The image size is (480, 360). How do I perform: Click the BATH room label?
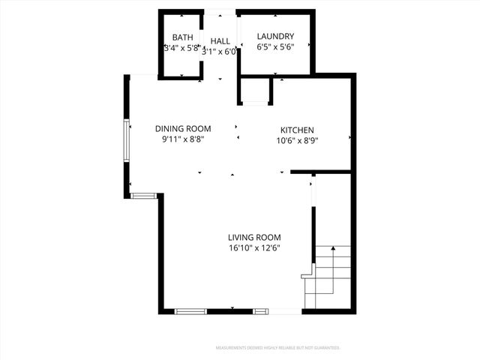click(x=183, y=37)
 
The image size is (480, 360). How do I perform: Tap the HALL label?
click(x=220, y=40)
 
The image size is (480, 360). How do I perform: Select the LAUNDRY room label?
click(x=275, y=37)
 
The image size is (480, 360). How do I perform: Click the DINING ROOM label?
click(x=183, y=128)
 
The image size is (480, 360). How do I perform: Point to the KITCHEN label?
click(x=297, y=130)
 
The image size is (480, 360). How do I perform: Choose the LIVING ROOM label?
click(x=254, y=237)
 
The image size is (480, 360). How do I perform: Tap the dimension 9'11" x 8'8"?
click(x=183, y=139)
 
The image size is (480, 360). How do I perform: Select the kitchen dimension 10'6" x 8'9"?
click(x=298, y=140)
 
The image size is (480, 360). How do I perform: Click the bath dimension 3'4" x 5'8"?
click(x=182, y=48)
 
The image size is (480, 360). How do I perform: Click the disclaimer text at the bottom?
click(x=278, y=348)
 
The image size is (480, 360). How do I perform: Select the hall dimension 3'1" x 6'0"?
click(x=220, y=52)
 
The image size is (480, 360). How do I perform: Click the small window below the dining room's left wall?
click(x=143, y=196)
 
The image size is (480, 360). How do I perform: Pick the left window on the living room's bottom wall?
click(x=191, y=310)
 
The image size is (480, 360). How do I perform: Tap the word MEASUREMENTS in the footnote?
click(x=231, y=348)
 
